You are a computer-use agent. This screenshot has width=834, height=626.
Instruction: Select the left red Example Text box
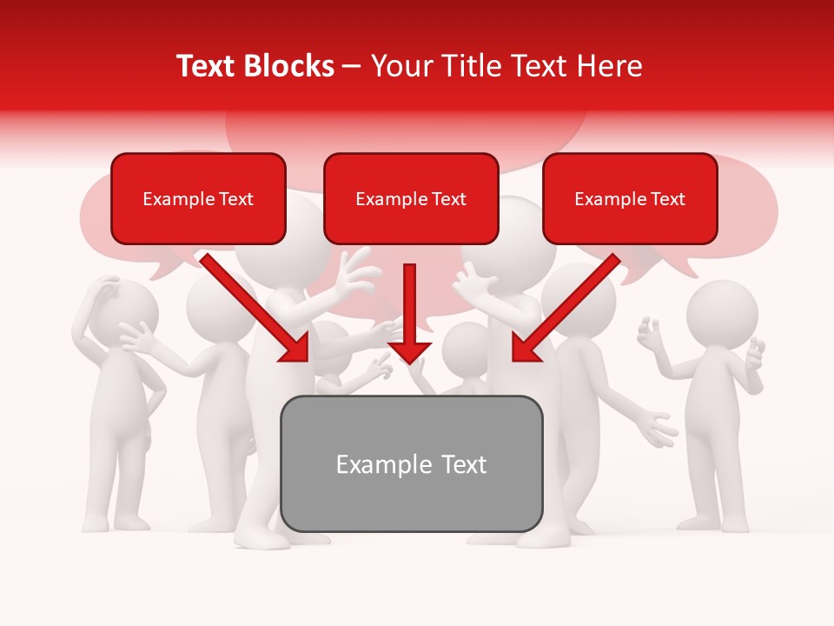(x=198, y=199)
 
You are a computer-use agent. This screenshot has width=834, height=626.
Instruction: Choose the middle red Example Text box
(x=411, y=199)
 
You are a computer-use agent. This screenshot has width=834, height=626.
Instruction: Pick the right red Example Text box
(x=630, y=199)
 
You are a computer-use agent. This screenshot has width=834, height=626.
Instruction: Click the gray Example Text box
(x=411, y=463)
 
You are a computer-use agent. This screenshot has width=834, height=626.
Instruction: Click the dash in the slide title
(x=353, y=67)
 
